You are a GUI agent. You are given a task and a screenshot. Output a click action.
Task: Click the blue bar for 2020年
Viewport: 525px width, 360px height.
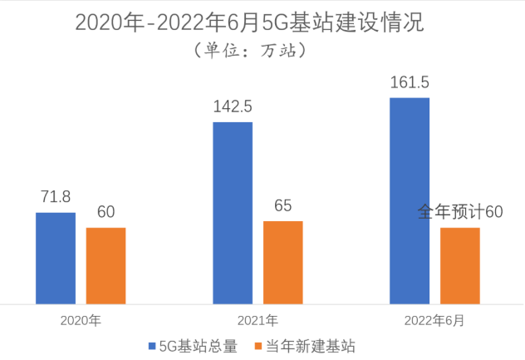tap(55, 258)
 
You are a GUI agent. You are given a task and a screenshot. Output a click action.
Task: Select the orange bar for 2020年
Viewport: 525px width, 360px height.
tap(105, 265)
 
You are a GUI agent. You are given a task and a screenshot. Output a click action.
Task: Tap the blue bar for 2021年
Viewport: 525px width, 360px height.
tap(233, 212)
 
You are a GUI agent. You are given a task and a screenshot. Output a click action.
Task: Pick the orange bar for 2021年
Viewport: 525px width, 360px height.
tap(282, 262)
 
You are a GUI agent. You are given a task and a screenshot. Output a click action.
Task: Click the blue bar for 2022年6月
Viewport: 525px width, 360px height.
tap(410, 200)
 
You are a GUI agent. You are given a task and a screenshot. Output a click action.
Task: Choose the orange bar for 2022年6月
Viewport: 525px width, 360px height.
tap(460, 265)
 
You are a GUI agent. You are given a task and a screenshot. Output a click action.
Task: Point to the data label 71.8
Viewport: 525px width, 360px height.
tap(55, 197)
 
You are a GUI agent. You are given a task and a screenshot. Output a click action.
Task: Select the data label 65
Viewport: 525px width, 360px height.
tap(282, 205)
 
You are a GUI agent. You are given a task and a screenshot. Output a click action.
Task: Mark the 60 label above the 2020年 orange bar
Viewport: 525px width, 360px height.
tap(105, 212)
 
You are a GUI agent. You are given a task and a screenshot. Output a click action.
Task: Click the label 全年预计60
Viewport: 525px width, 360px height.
tap(460, 212)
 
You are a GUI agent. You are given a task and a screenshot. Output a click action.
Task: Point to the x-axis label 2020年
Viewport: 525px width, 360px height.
tap(80, 319)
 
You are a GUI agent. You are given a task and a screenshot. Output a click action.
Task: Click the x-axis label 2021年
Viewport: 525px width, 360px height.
tap(258, 319)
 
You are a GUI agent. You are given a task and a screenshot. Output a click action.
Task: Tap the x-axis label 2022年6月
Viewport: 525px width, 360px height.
tap(434, 319)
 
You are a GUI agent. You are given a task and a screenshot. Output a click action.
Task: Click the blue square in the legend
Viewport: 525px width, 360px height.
tap(153, 346)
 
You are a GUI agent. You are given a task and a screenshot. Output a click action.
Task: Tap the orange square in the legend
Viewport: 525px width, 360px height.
tap(259, 346)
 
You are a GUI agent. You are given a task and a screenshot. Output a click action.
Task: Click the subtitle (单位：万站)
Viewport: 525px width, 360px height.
tap(251, 50)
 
